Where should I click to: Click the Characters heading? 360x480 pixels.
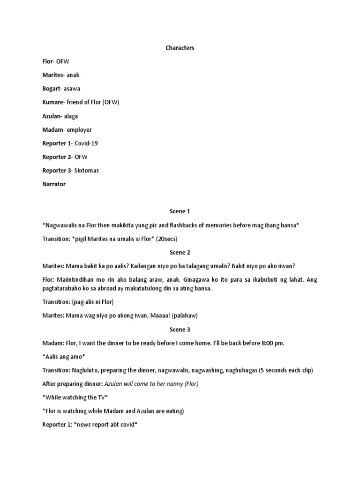coord(180,48)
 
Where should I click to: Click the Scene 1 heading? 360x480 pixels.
coord(180,211)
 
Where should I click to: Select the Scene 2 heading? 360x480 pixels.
coord(180,252)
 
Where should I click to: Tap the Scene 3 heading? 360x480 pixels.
coord(180,330)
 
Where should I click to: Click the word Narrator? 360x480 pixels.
coord(54,184)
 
